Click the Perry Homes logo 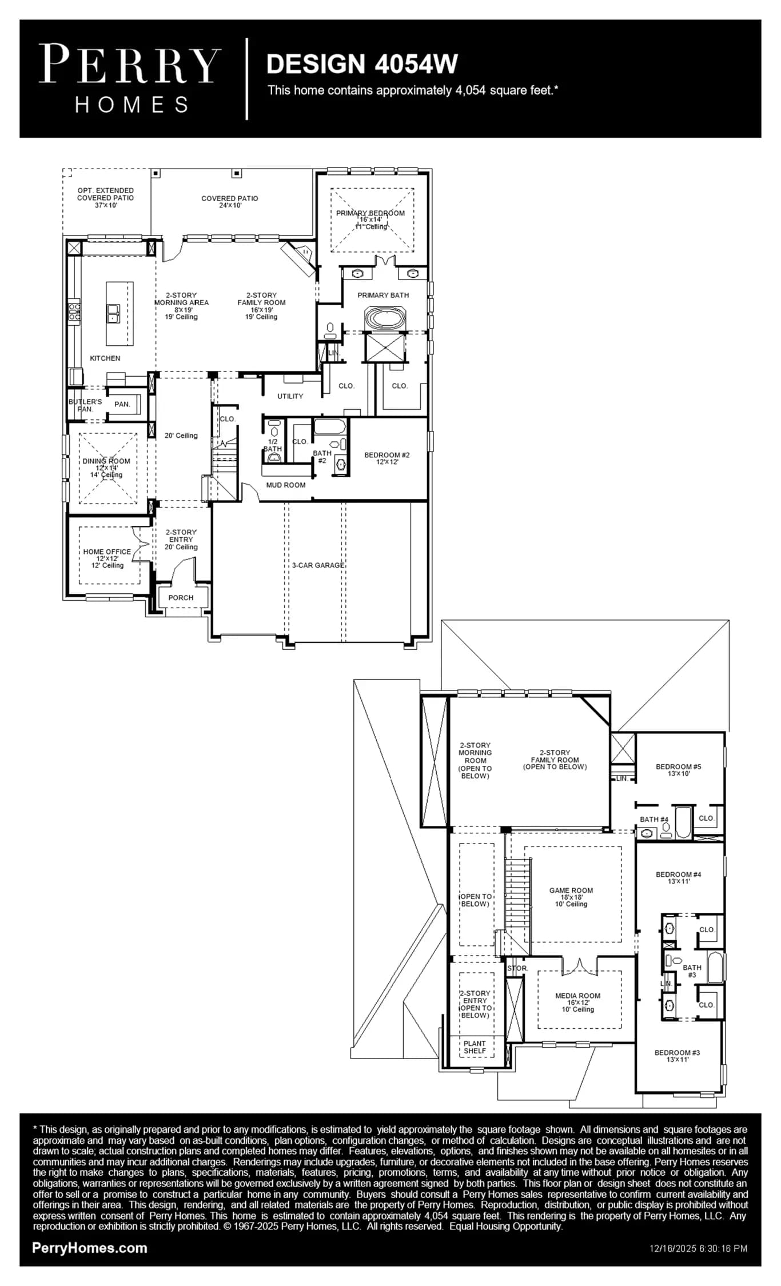130,79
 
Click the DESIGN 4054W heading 362,64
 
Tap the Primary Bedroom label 370,213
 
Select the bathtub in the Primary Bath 385,318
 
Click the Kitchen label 105,358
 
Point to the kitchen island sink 113,313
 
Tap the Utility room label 290,396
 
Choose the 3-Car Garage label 318,565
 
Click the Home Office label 107,552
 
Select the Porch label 181,598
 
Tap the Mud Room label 286,485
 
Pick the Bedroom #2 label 387,455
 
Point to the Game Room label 571,890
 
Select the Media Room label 578,996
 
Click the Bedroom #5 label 679,766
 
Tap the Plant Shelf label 475,1047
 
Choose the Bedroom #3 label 678,1052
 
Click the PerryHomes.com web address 90,1248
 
